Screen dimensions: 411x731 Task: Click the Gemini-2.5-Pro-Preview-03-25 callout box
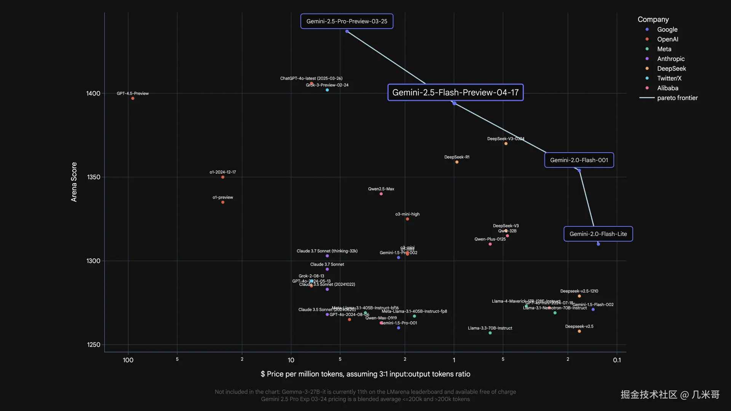coord(346,21)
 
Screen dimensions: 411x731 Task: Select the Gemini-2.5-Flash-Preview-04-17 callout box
coord(455,92)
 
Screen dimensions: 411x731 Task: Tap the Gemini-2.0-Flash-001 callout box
coord(579,160)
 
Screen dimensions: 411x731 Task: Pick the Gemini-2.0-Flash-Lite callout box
coord(598,234)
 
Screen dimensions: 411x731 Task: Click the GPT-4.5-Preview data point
coord(133,99)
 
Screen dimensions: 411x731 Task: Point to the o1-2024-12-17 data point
coord(223,177)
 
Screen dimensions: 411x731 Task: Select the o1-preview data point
coord(223,202)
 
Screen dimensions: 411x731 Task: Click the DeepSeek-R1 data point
coord(457,162)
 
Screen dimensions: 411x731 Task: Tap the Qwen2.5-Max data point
coord(381,194)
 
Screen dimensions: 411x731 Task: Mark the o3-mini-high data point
coord(407,219)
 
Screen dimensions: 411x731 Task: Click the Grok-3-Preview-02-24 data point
coord(327,90)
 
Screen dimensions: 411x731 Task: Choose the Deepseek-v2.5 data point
coord(579,331)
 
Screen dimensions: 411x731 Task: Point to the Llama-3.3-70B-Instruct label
coord(490,328)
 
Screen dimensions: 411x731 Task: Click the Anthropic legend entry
coord(670,59)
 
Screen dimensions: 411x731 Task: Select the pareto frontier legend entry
coord(677,98)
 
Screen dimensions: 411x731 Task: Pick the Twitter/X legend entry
coord(669,78)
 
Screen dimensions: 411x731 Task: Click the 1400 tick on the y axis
coord(93,94)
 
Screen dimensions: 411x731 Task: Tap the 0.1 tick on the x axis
coord(617,360)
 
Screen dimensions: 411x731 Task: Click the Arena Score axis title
coord(74,182)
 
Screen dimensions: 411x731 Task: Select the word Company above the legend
coord(653,19)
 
